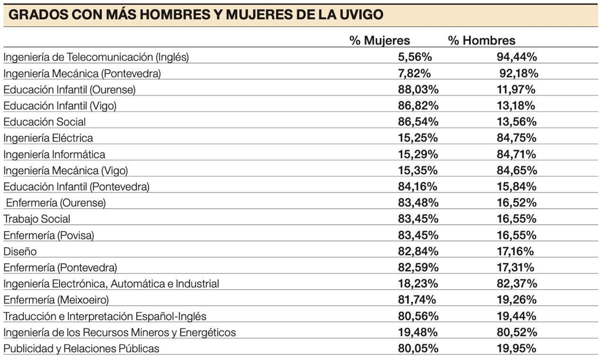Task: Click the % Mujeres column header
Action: click(380, 41)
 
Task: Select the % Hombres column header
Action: click(481, 41)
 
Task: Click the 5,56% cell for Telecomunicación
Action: click(415, 57)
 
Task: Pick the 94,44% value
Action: click(517, 57)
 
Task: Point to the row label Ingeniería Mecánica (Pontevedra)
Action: click(82, 73)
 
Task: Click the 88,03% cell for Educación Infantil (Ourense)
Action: click(418, 89)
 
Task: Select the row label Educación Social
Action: click(45, 122)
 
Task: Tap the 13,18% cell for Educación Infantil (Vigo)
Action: click(516, 105)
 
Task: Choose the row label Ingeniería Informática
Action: click(54, 154)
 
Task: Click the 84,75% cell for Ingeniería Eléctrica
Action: click(516, 138)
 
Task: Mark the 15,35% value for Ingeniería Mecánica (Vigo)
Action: click(417, 170)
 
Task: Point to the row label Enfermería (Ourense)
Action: click(56, 203)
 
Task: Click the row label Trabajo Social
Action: click(37, 219)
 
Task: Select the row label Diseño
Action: click(20, 251)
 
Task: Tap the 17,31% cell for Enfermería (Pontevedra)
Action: click(515, 268)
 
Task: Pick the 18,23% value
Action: click(417, 283)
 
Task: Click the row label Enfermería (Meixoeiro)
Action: click(56, 300)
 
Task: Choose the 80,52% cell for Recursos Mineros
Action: click(517, 332)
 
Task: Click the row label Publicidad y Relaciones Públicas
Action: click(81, 348)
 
